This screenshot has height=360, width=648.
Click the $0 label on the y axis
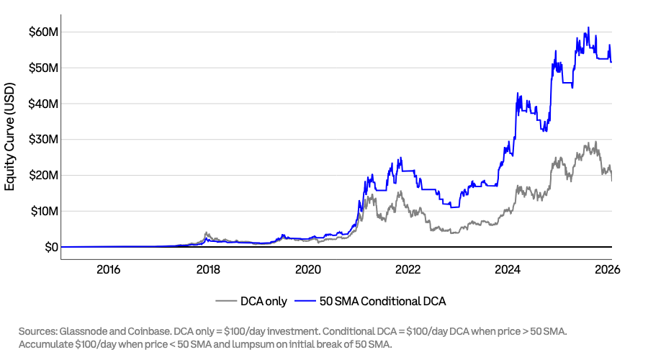[x=49, y=248]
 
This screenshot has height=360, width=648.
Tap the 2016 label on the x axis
[x=108, y=270]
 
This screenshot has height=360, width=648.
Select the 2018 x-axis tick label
[x=208, y=270]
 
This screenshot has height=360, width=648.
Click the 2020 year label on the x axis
[x=308, y=270]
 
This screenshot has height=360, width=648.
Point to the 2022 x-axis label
[x=408, y=270]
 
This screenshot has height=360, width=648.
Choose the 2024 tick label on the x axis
[x=508, y=270]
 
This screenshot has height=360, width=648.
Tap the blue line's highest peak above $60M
[x=588, y=28]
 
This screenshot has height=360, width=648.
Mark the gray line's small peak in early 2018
[x=207, y=233]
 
